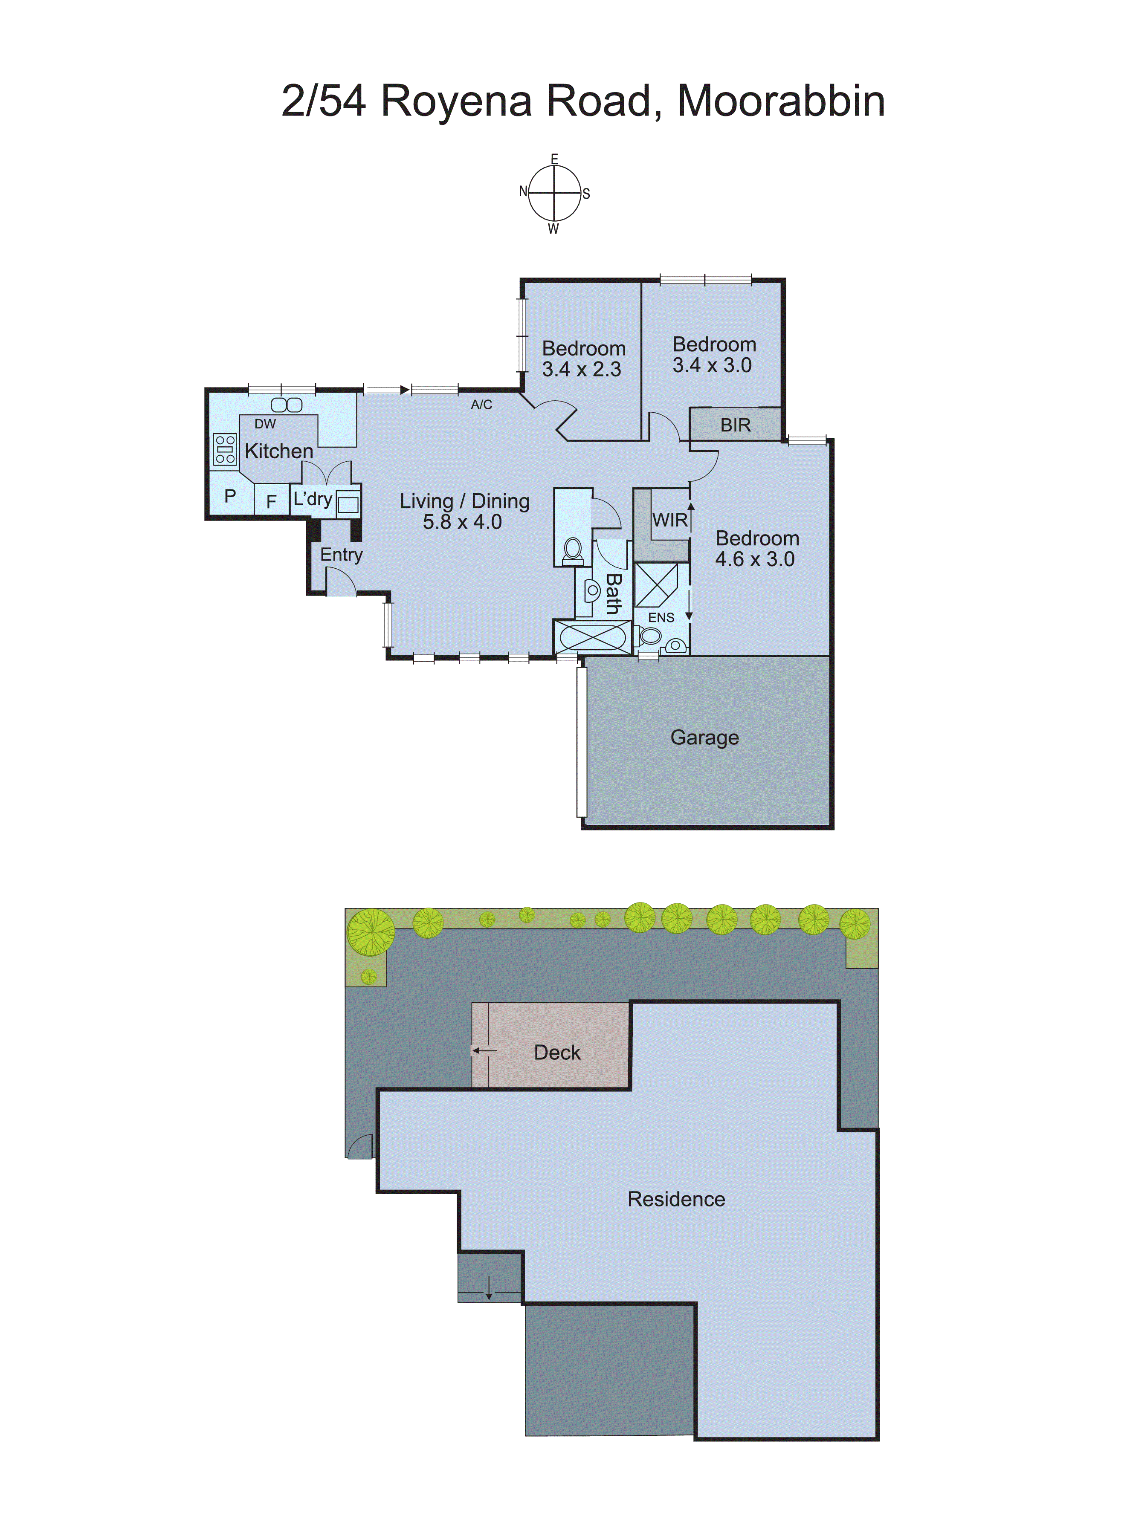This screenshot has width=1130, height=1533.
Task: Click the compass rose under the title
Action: tap(554, 194)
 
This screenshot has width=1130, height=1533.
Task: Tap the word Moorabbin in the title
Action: tap(780, 101)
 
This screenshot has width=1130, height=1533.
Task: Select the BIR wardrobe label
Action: tap(735, 425)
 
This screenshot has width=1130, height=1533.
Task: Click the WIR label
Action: tap(669, 521)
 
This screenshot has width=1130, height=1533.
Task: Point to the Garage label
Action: tap(704, 737)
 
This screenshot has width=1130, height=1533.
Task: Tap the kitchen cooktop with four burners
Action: tap(225, 449)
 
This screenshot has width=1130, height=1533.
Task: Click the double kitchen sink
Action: tap(287, 405)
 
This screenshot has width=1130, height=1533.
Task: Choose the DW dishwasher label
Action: tap(265, 424)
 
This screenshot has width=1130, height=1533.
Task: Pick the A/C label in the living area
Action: tap(481, 405)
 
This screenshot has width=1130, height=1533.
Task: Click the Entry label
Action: tap(341, 555)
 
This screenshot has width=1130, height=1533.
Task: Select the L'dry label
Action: tap(313, 499)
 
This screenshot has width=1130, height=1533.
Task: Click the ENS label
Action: tap(661, 617)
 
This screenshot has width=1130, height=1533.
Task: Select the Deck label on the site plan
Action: tap(557, 1052)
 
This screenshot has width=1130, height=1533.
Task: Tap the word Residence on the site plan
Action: tap(676, 1199)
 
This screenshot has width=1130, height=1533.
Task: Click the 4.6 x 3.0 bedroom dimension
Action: tap(754, 559)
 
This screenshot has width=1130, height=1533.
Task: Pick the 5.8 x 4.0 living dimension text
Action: tap(462, 522)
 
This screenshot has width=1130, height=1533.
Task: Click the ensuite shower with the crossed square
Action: tap(656, 585)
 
